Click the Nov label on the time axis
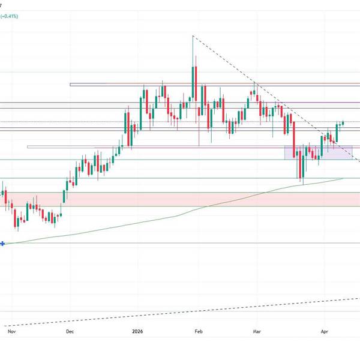pos(10,331)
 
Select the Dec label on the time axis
pos(70,331)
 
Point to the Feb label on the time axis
pos(199,331)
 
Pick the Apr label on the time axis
pos(325,331)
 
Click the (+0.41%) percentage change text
pos(9,17)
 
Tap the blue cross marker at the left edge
pos(3,244)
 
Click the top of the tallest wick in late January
pos(193,37)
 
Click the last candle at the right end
pos(343,123)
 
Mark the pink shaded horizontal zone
pos(180,199)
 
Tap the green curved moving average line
pos(180,215)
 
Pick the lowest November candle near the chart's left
pos(17,223)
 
